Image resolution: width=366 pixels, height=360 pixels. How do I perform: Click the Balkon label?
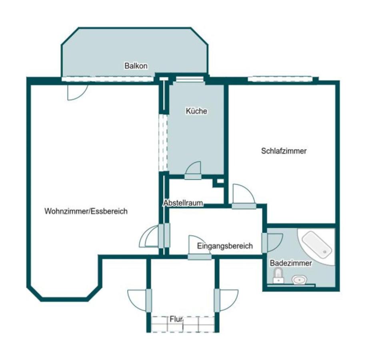point(136,66)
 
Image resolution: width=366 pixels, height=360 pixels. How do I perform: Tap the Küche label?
point(196,111)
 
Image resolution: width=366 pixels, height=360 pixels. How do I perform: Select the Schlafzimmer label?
point(284,151)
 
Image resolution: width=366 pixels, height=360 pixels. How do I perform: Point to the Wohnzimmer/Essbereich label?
point(86,211)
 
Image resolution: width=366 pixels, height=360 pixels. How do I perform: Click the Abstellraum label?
point(183,203)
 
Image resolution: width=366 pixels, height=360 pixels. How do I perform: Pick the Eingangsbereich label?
point(225,246)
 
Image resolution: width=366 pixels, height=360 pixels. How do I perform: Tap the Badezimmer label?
point(291,263)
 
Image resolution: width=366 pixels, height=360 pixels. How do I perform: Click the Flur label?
point(176,319)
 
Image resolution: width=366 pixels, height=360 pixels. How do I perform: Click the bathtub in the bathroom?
point(317,245)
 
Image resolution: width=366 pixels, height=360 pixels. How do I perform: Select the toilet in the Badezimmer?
point(278,276)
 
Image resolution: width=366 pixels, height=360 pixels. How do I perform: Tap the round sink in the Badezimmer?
point(299,279)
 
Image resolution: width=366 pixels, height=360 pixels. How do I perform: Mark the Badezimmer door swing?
point(272,242)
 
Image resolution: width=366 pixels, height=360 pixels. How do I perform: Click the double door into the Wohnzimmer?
point(154,236)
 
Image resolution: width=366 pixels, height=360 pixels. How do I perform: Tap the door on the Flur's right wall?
point(226,300)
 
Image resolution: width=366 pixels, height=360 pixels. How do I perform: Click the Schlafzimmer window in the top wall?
point(280,79)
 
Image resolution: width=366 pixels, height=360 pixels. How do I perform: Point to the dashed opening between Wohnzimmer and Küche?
point(163,143)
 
